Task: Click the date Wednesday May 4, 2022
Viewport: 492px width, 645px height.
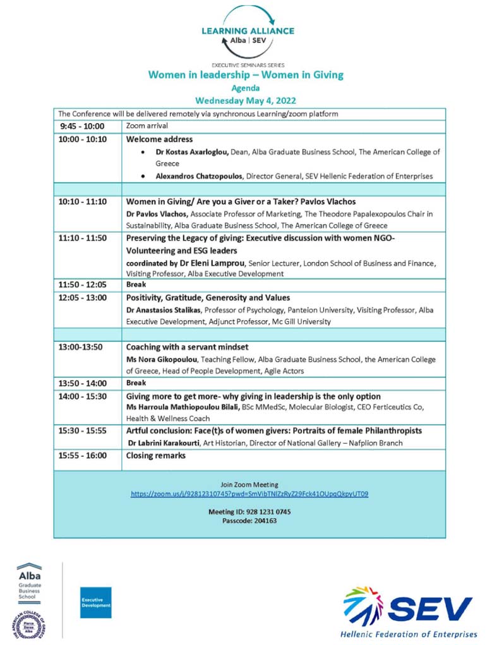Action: pos(246,100)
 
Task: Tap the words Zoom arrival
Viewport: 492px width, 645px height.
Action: pos(147,126)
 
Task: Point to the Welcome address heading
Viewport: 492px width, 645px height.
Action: pos(159,139)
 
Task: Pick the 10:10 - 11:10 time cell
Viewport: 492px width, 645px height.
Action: pos(83,202)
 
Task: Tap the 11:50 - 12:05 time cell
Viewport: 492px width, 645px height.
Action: pos(83,285)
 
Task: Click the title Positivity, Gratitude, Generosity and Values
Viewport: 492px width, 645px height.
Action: pos(208,297)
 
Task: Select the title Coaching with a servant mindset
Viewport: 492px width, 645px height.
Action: pos(187,346)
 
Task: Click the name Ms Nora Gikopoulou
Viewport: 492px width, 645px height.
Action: pos(162,359)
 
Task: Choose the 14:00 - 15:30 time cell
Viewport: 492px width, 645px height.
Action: pos(83,396)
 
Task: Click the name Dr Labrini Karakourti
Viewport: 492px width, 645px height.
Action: pos(164,443)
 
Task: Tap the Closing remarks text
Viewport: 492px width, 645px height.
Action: pos(155,455)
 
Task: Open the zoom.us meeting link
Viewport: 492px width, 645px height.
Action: pos(249,494)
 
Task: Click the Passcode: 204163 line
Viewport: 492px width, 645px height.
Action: pos(249,521)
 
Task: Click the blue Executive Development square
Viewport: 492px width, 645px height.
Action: pos(95,602)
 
